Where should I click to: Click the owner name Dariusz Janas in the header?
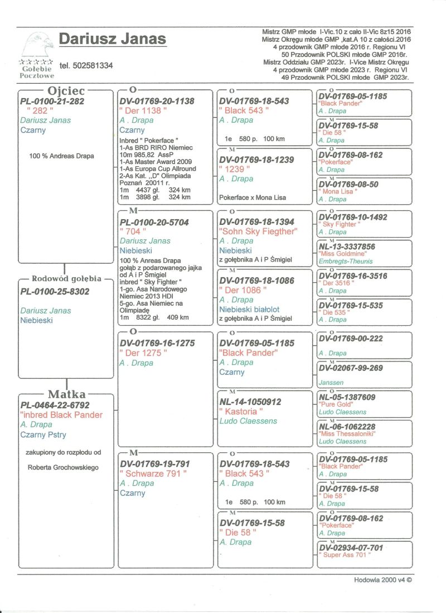pyautogui.click(x=112, y=38)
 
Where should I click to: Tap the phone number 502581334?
pyautogui.click(x=86, y=66)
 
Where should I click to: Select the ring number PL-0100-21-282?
pyautogui.click(x=52, y=101)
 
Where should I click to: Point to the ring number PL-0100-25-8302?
pyautogui.click(x=54, y=291)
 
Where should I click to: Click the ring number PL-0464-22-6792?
pyautogui.click(x=54, y=405)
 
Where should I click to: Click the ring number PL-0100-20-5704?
pyautogui.click(x=154, y=222)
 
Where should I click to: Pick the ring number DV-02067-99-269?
pyautogui.click(x=351, y=368)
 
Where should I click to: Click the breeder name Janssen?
pyautogui.click(x=331, y=383)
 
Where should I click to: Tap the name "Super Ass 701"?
pyautogui.click(x=345, y=554)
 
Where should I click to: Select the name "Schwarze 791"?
pyautogui.click(x=153, y=474)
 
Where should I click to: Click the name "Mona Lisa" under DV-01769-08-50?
pyautogui.click(x=338, y=191)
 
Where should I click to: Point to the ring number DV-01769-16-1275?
pyautogui.click(x=157, y=344)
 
